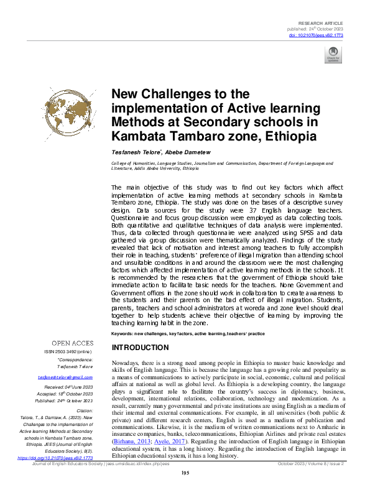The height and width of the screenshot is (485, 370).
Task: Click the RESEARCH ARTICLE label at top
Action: [322, 22]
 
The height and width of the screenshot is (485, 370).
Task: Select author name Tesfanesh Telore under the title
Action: [132, 152]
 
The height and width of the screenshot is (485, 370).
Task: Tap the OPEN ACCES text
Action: [72, 343]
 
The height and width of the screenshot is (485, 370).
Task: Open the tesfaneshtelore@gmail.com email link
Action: [65, 377]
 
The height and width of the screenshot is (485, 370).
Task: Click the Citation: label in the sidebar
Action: [83, 411]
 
